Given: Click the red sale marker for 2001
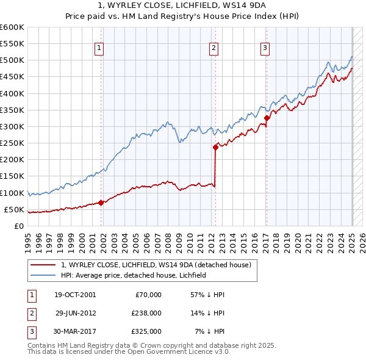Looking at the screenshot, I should [101, 203].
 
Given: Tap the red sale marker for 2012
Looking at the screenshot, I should [215, 147].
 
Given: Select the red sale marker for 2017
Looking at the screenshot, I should [267, 118].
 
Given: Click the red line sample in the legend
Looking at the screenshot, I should [44, 265].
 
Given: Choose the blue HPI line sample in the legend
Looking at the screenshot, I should [44, 275].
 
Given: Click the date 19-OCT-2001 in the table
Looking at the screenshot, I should [75, 295].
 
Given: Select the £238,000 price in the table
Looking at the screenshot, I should [146, 313].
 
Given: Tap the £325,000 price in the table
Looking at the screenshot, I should [146, 331].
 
